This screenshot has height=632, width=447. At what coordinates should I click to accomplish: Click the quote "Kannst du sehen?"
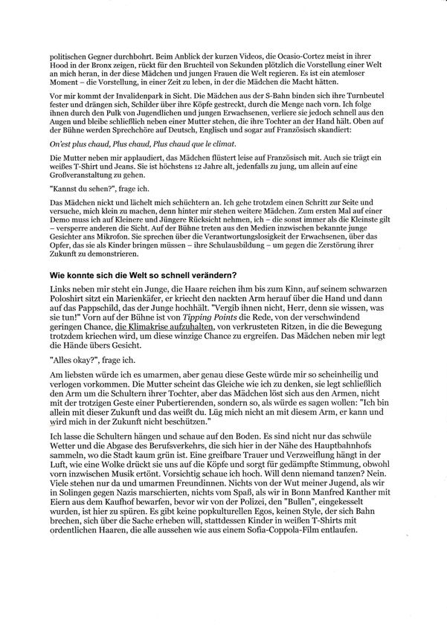click(x=77, y=189)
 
